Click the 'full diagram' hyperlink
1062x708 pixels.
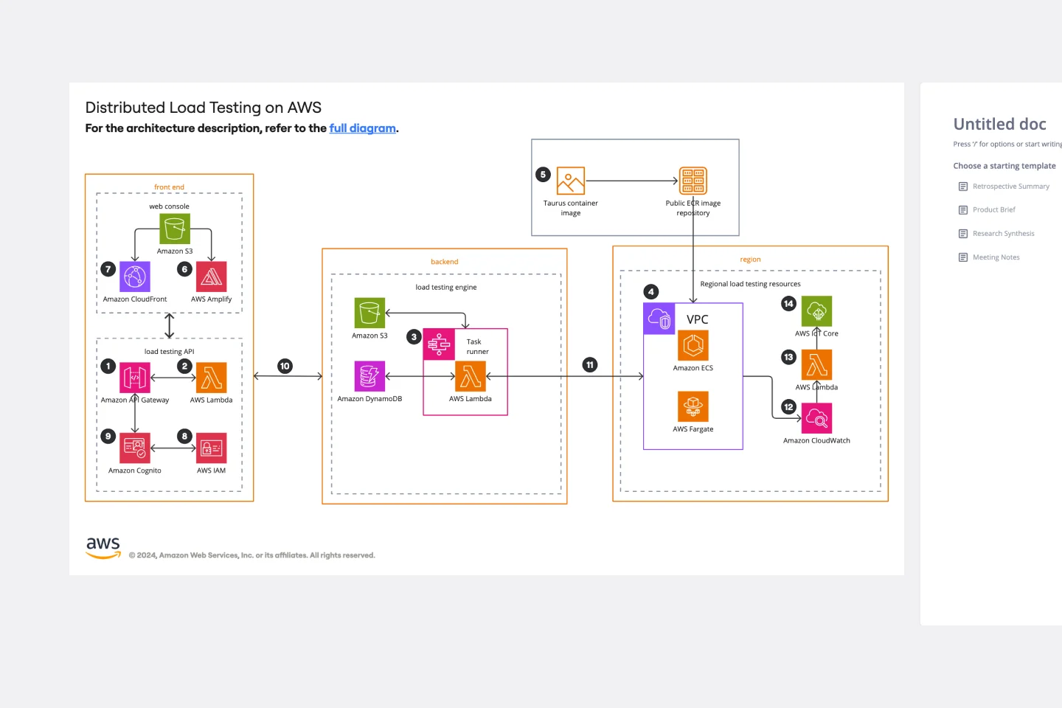pos(362,128)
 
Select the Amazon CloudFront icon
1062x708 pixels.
pos(135,277)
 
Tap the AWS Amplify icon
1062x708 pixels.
pos(212,277)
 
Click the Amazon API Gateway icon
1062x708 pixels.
pos(135,378)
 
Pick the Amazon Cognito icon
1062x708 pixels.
pos(135,448)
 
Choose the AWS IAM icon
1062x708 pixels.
pos(212,448)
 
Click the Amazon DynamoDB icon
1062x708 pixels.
pos(369,376)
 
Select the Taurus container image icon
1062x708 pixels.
pos(570,181)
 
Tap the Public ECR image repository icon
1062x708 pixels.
pos(693,181)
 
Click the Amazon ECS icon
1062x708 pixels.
pos(693,345)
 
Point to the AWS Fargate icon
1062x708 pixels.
pos(693,406)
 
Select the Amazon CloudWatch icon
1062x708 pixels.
pos(816,418)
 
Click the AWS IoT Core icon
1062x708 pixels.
pos(816,311)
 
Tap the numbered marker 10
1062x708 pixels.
pos(285,366)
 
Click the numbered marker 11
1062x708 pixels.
pos(589,365)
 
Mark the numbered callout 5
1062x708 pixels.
pos(543,175)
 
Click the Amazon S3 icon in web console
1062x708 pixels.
pos(175,229)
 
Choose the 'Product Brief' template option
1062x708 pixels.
pos(993,210)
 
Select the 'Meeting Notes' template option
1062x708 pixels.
pos(996,257)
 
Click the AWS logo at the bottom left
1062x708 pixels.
pos(103,547)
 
